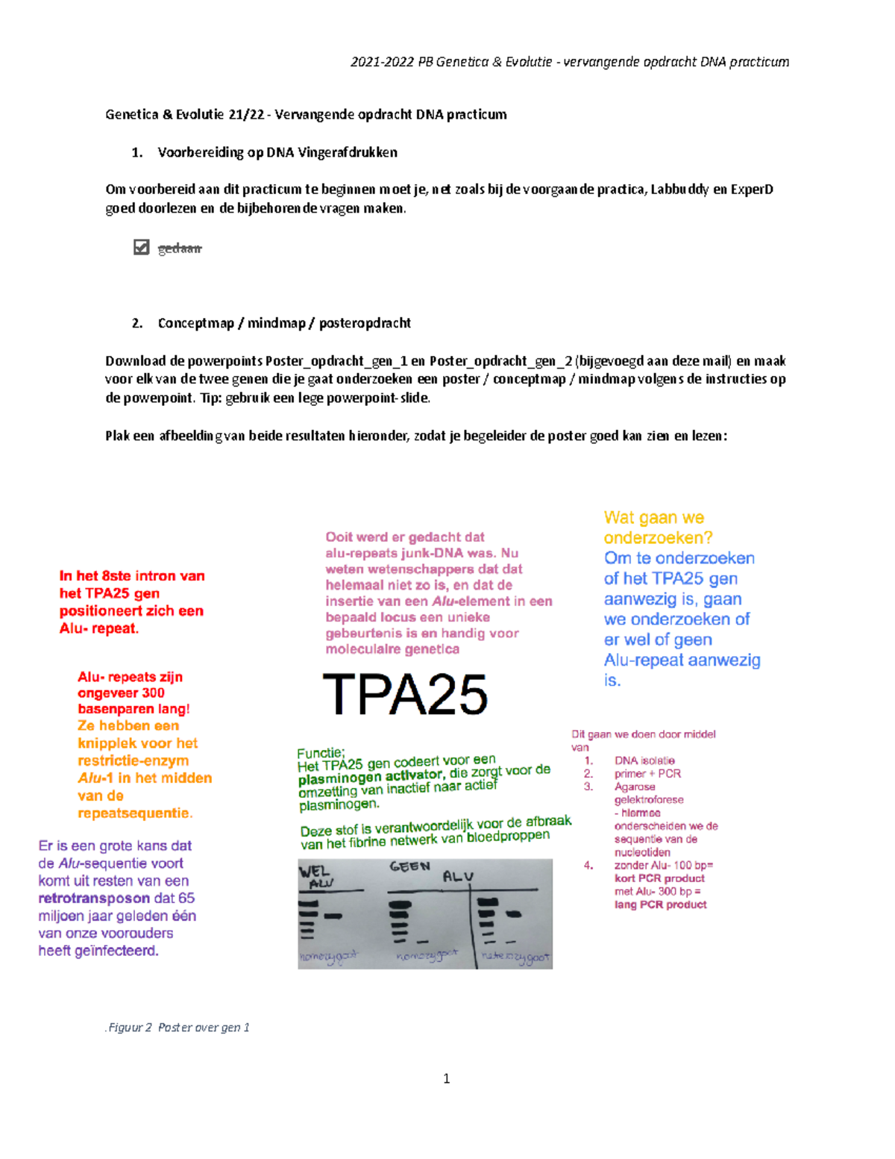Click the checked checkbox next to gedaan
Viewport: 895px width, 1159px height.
tap(141, 247)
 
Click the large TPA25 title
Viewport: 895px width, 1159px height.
tap(405, 695)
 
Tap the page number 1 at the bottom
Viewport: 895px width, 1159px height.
tap(446, 1078)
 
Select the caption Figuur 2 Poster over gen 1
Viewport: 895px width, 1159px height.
tap(178, 1028)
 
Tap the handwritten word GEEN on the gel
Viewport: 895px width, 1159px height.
tap(409, 866)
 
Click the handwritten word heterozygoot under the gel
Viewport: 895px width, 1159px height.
tap(515, 957)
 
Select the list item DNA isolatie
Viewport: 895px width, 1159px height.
tap(644, 760)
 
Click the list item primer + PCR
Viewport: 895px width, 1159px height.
tap(647, 774)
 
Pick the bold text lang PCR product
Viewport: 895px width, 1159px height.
tap(660, 905)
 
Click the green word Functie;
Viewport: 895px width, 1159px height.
tap(321, 753)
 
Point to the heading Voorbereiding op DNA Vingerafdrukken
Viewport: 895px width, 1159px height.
tap(277, 152)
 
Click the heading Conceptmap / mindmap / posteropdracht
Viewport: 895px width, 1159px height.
tap(283, 323)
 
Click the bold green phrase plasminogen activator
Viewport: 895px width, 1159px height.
tap(370, 778)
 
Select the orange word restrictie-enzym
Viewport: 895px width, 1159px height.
tap(133, 760)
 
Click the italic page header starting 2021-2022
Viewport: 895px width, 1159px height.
tap(569, 62)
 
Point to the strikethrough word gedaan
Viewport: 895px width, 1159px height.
tap(180, 249)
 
